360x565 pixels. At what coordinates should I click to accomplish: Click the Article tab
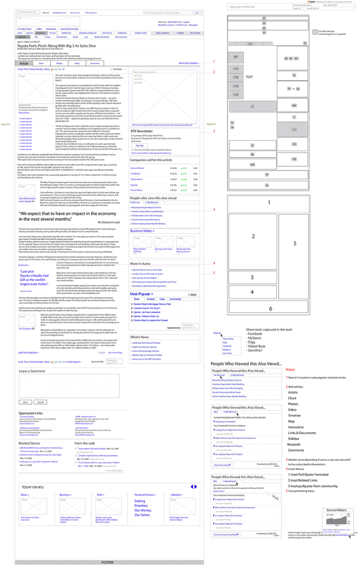(x=24, y=63)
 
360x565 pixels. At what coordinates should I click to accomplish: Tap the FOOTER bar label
(x=108, y=562)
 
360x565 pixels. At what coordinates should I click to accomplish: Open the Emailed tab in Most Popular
(x=150, y=299)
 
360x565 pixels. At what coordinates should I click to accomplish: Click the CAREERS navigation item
(x=181, y=33)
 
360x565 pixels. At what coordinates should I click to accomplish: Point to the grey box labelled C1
(x=252, y=106)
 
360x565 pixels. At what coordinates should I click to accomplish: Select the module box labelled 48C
(x=236, y=57)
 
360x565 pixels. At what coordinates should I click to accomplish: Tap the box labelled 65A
(x=294, y=105)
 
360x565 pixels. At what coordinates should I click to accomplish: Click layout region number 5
(x=295, y=243)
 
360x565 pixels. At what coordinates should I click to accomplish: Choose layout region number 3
(x=252, y=278)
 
